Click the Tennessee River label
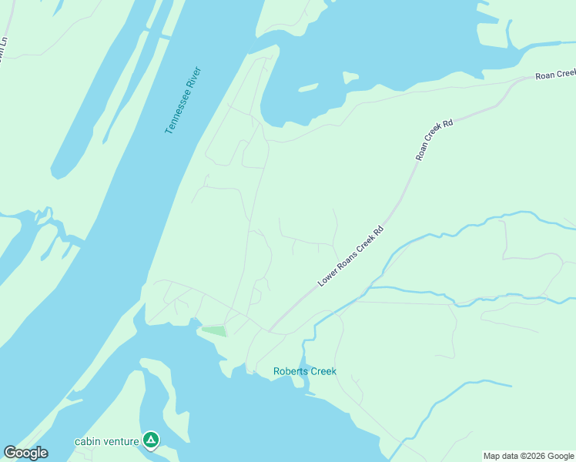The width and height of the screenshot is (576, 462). [183, 101]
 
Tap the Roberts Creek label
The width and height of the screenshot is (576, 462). [305, 371]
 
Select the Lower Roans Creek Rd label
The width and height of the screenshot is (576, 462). [350, 257]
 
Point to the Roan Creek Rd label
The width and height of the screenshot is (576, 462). [434, 139]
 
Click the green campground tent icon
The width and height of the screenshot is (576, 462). [151, 440]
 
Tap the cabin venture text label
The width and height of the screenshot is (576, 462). [106, 441]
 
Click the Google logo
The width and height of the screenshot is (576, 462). [25, 453]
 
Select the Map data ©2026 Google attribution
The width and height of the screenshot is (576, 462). [527, 456]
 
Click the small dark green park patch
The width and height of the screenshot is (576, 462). [214, 331]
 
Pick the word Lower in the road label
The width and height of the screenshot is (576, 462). [327, 280]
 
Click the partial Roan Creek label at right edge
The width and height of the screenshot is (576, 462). [556, 74]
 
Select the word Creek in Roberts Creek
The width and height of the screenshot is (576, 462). [323, 371]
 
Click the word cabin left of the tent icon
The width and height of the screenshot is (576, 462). [86, 441]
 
